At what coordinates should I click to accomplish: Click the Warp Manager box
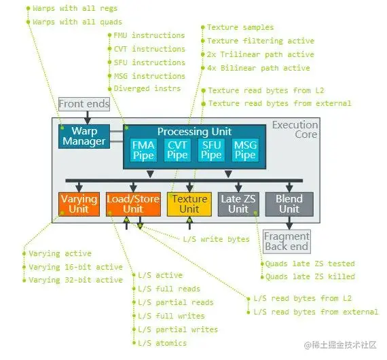coord(84,136)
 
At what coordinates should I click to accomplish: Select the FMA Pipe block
coord(143,150)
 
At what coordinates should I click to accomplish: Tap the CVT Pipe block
coord(177,150)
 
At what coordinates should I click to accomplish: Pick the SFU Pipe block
coord(211,150)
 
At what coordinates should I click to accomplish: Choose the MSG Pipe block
coord(245,150)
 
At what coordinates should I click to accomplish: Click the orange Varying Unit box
coord(79,204)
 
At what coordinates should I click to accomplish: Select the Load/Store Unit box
coord(133,204)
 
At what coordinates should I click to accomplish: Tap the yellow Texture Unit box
coord(189,204)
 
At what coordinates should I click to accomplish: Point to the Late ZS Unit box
coord(238,204)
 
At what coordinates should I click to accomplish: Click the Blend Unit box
coord(289,204)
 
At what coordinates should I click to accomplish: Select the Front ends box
coord(84,104)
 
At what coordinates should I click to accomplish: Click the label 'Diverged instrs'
coord(147,89)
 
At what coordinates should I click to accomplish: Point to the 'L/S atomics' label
coord(162,343)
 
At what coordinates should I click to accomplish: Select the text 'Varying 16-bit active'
coord(75,267)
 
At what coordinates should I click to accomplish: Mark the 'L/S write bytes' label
coord(216,239)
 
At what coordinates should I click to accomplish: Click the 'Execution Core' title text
coord(295,130)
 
